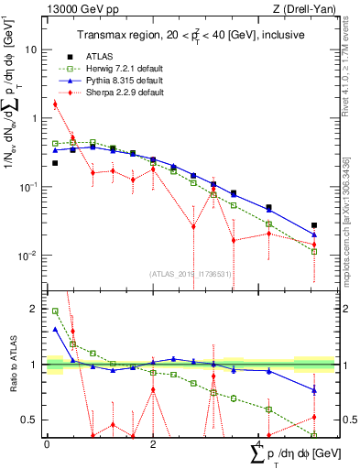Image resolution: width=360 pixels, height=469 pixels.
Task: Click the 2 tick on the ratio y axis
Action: coord(35,309)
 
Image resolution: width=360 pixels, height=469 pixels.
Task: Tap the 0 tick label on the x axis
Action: coord(47,443)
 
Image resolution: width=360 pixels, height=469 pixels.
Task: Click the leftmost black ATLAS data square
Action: coord(55,163)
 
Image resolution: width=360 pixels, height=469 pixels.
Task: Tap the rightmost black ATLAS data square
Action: coord(314,225)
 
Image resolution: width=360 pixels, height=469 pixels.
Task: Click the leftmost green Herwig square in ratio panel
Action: coord(55,311)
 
